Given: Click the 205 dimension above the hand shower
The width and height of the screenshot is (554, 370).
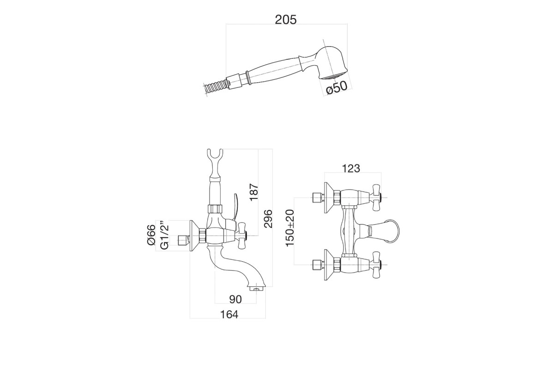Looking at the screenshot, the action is (x=286, y=20).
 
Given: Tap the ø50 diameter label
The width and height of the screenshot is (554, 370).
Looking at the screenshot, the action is (x=337, y=88).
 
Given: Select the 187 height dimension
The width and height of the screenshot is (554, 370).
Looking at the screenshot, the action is (x=254, y=192).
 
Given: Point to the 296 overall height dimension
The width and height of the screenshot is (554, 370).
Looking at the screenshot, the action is (x=268, y=219).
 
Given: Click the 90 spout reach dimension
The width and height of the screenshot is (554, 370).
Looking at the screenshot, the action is (x=235, y=299).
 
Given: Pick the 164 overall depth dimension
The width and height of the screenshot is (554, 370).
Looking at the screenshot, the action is (x=229, y=314).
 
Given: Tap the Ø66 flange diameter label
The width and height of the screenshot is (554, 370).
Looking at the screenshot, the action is (x=151, y=234).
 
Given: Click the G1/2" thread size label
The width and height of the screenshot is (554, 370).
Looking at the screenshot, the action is (x=164, y=234).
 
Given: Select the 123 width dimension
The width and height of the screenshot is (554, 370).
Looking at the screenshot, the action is (x=351, y=168).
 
